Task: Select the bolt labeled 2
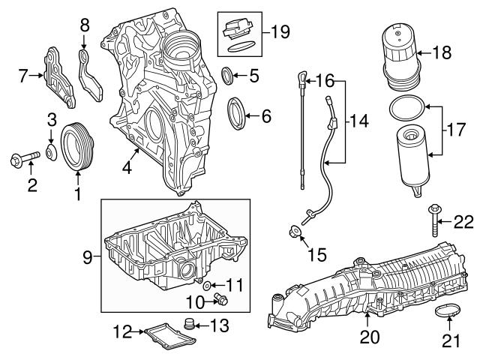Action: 23,158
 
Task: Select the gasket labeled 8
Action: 89,72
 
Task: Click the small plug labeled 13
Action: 190,325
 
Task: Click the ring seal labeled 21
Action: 448,309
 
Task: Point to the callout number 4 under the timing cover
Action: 127,169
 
